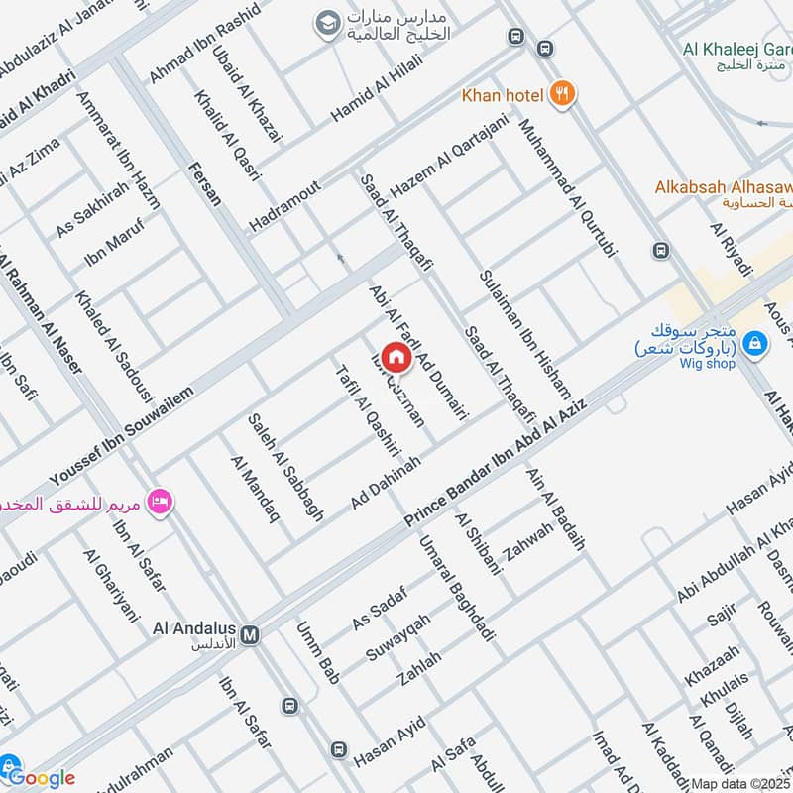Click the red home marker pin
tap(396, 357)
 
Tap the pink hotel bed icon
tap(158, 503)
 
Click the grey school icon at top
tap(325, 22)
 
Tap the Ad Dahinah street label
tap(387, 484)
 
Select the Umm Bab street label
tap(318, 654)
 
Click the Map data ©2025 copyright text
tap(739, 783)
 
